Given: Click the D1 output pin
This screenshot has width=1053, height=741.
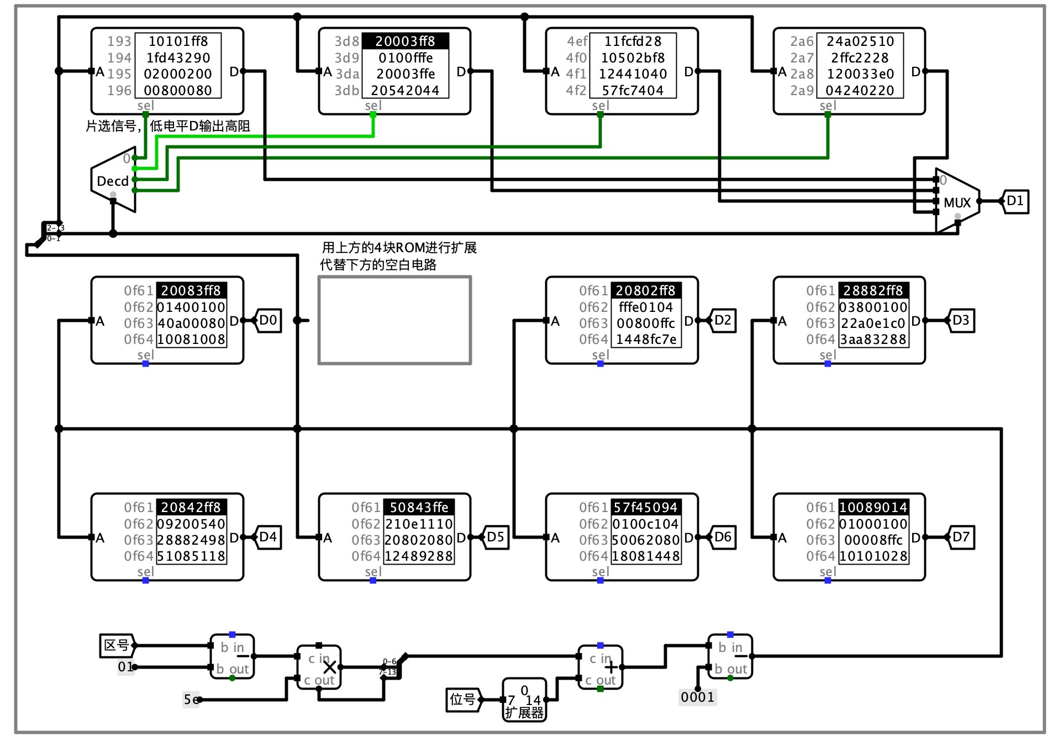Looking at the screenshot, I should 1015,201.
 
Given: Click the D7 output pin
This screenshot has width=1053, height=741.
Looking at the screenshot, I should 962,538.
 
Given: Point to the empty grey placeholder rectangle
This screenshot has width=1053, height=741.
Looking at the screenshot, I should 394,321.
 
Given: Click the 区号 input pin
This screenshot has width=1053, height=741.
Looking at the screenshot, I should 117,645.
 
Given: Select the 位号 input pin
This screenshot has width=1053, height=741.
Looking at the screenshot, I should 463,700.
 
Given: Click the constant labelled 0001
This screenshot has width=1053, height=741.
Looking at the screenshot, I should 697,697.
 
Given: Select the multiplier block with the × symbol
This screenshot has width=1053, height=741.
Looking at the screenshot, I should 319,667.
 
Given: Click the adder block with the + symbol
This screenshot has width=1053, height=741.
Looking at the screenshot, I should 601,667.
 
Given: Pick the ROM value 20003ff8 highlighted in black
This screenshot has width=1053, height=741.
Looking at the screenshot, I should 405,41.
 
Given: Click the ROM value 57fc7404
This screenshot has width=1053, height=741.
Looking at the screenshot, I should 633,90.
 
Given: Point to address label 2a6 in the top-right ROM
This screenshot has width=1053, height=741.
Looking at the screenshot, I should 801,41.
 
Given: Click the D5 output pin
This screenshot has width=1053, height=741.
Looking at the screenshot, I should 496,538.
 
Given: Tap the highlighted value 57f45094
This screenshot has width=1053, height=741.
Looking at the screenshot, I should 645,508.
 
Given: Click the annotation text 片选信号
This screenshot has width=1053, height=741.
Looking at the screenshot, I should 110,126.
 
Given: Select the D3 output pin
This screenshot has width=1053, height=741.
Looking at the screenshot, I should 962,321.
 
